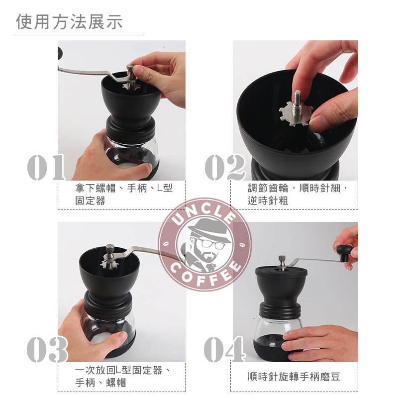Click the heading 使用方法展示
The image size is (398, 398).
tap(69, 21)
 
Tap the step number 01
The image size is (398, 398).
tap(46, 167)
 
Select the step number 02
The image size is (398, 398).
tap(225, 167)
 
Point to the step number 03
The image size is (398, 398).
tap(47, 349)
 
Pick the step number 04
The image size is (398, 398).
tap(224, 349)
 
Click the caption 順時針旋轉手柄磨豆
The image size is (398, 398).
tap(294, 377)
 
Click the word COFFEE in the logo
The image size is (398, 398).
tap(205, 274)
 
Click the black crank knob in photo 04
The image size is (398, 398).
tap(344, 252)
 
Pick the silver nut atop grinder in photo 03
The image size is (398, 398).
tap(110, 251)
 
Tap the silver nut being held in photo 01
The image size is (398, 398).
tap(131, 71)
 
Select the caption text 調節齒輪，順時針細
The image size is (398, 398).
tap(298, 189)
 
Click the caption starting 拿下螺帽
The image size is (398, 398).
tap(124, 195)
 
